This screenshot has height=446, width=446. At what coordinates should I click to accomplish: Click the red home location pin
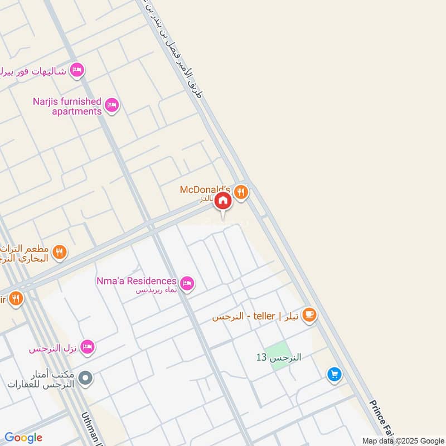(x=223, y=201)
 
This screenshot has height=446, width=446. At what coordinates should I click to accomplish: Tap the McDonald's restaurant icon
(x=241, y=191)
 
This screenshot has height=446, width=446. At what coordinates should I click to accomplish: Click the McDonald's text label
(x=205, y=190)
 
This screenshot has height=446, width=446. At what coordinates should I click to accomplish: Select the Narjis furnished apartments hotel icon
(x=112, y=105)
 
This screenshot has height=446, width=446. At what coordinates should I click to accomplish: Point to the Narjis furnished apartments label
(x=67, y=106)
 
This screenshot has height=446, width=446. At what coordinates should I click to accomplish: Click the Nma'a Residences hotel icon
(x=187, y=283)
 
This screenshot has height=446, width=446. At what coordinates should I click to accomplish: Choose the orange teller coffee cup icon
(x=309, y=316)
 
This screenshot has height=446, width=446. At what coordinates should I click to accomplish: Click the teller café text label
(x=256, y=316)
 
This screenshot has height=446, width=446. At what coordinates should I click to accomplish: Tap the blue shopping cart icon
(x=334, y=375)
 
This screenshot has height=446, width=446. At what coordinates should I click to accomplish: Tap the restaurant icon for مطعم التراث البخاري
(x=60, y=254)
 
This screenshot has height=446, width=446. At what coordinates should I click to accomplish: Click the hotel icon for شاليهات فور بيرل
(x=77, y=70)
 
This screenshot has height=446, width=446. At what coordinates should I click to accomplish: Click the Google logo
(x=23, y=438)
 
